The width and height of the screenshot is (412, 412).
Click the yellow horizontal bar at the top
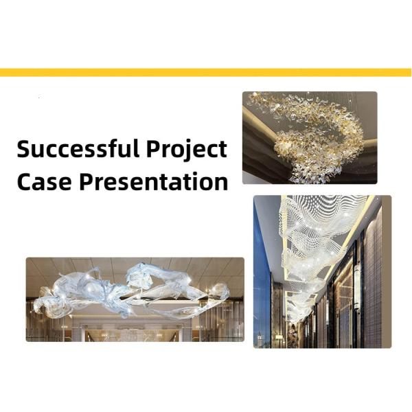click(206, 72)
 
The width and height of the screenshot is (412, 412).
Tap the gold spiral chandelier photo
click(309, 137)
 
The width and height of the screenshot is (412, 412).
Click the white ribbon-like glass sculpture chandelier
click(137, 292)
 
